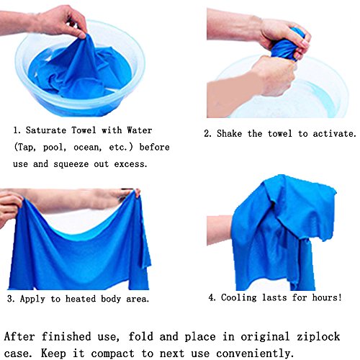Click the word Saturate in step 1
(46, 130)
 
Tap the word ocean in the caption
(87, 147)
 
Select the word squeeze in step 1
(71, 164)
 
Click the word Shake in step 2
(229, 133)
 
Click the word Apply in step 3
(32, 299)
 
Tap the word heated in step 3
(81, 299)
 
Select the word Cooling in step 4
(239, 297)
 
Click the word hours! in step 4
(327, 297)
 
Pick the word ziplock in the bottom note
(318, 336)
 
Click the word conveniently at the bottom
(255, 354)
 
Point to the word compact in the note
(112, 354)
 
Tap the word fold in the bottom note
(140, 336)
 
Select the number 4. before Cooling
(212, 298)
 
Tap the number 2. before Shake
(208, 134)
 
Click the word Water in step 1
(140, 130)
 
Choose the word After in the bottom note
(19, 336)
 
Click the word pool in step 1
(54, 147)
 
